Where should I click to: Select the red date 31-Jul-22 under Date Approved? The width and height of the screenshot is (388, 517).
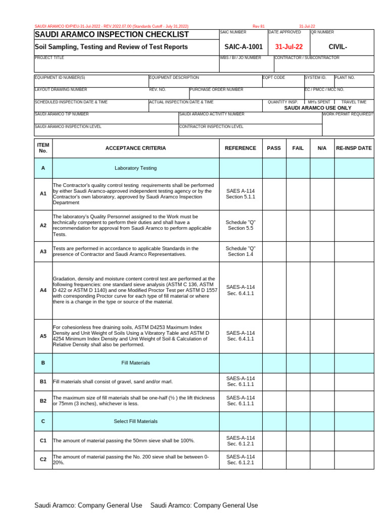[289, 47]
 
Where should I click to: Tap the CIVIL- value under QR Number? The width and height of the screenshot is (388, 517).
[337, 47]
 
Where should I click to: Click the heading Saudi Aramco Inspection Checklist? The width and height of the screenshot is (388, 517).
[112, 34]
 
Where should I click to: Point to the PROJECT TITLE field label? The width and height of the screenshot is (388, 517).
[50, 58]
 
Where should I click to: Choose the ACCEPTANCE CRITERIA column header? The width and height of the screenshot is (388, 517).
[135, 148]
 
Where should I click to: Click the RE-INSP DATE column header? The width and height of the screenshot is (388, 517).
[354, 148]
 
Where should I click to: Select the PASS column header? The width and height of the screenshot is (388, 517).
[274, 148]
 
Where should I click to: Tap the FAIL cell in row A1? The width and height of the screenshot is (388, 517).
[298, 194]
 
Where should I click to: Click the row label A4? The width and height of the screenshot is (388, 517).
[43, 290]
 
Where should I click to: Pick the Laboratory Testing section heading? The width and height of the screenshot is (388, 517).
[135, 168]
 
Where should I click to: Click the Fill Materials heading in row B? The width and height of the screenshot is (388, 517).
[135, 363]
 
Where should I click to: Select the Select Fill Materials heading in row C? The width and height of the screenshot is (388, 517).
[135, 421]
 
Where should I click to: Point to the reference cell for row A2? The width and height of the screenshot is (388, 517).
[240, 225]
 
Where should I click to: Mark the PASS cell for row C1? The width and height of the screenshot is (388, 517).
[274, 441]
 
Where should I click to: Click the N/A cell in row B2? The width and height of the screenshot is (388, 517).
[322, 401]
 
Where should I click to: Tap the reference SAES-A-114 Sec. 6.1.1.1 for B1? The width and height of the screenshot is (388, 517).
[240, 381]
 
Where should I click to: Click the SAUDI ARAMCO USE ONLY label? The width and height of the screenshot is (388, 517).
[318, 108]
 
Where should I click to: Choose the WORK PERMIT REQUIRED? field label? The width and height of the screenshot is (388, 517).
[348, 115]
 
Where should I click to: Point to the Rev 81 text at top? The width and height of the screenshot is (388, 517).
[259, 26]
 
